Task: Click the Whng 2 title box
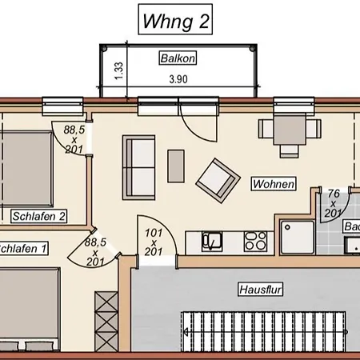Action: (x=175, y=19)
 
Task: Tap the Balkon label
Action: (x=178, y=58)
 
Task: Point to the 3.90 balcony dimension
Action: (x=178, y=79)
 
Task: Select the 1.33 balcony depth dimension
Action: (x=118, y=70)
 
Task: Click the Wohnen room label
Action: (x=274, y=184)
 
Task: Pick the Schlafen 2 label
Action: (x=38, y=216)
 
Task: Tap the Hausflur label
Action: (x=260, y=290)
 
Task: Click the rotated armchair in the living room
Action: (x=218, y=181)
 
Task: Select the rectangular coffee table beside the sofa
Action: (x=176, y=166)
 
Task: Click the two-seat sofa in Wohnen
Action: (x=138, y=167)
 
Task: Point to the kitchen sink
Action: (x=212, y=242)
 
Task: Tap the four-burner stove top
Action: (x=255, y=242)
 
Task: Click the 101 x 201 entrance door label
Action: (x=154, y=242)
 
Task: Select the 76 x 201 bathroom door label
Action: (x=333, y=203)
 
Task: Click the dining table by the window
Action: (x=290, y=130)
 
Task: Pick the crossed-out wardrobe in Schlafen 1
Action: (x=106, y=322)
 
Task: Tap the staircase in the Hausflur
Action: (x=263, y=332)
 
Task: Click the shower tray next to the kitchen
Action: (x=297, y=237)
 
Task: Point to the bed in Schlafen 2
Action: (x=26, y=169)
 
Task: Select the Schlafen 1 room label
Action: (x=23, y=249)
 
